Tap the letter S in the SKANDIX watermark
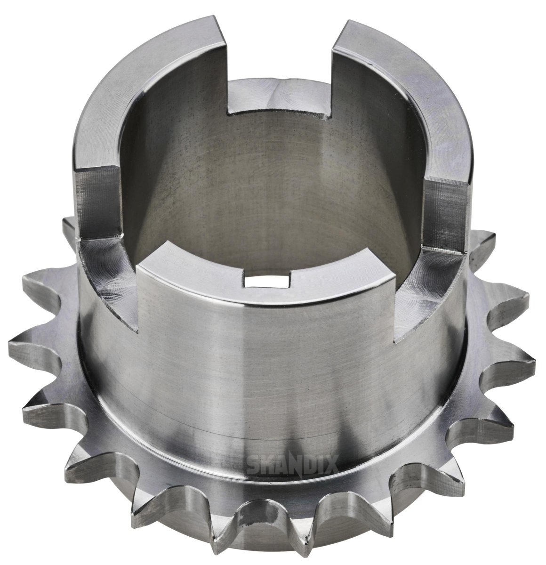[x=253, y=468]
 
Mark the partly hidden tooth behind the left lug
[x=68, y=226]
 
